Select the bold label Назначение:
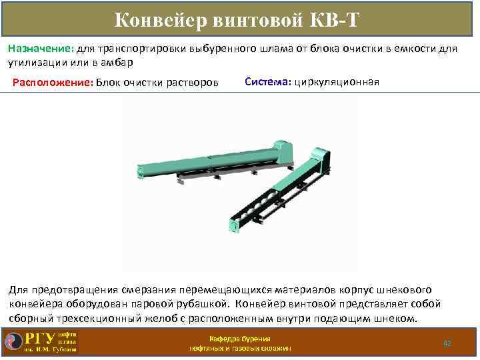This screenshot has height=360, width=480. [41, 49]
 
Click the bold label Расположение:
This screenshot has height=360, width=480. [53, 83]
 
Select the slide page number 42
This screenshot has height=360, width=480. [447, 343]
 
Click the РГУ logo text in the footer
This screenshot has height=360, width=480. [40, 337]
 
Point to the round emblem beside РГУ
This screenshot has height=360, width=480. [13, 341]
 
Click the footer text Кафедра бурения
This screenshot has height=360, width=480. [240, 338]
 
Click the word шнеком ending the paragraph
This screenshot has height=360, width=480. [398, 318]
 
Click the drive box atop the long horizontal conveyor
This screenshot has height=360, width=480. [282, 149]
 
